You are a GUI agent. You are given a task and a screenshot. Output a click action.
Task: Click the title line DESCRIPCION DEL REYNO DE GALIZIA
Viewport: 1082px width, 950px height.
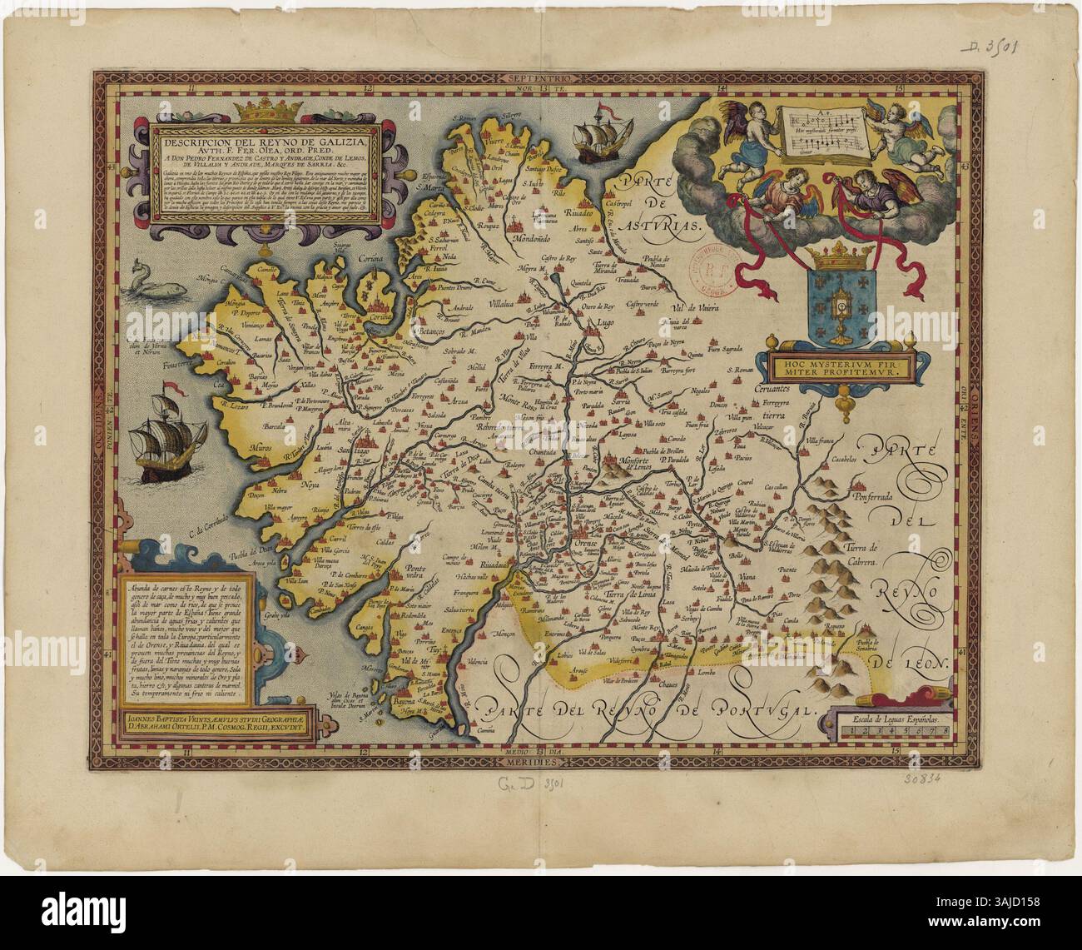coord(264,139)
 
